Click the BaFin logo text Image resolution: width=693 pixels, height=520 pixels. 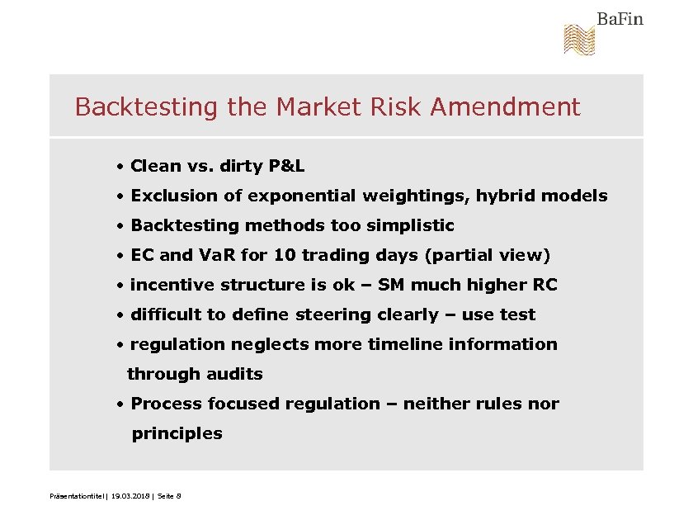click(x=620, y=19)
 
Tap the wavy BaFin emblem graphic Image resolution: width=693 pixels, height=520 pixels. click(x=579, y=40)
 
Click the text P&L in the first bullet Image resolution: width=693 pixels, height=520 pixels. click(x=286, y=166)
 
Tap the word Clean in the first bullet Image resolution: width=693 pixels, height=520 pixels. click(x=156, y=166)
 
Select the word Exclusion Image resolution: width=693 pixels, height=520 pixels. click(x=172, y=196)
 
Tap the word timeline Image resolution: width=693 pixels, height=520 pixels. click(x=410, y=344)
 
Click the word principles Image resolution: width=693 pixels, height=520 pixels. click(x=177, y=433)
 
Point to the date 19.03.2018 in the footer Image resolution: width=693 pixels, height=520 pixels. click(x=131, y=495)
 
